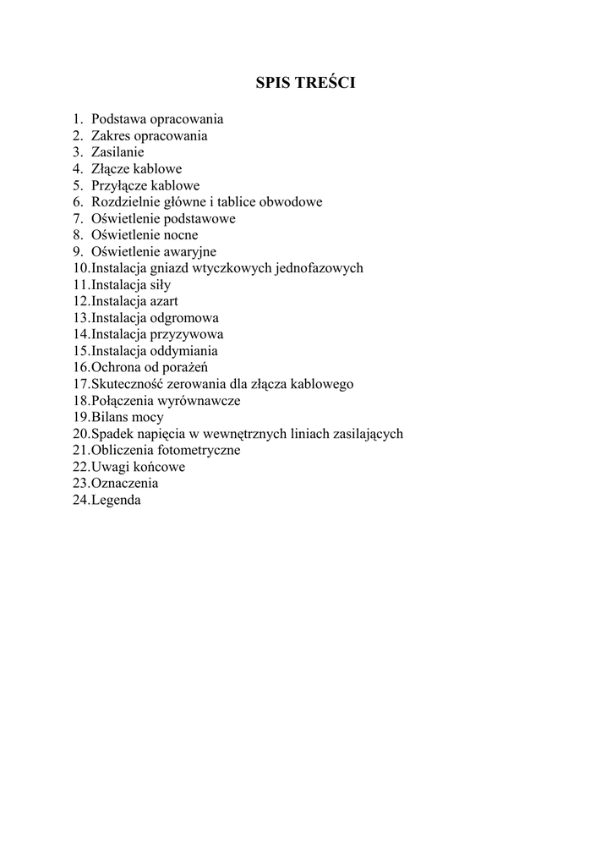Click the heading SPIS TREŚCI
305,83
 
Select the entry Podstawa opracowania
157,119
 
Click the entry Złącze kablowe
136,169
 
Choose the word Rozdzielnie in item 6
123,202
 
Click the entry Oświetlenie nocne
145,235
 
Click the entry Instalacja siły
131,285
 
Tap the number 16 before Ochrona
80,367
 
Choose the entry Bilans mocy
128,417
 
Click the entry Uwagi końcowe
138,467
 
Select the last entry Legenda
116,500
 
